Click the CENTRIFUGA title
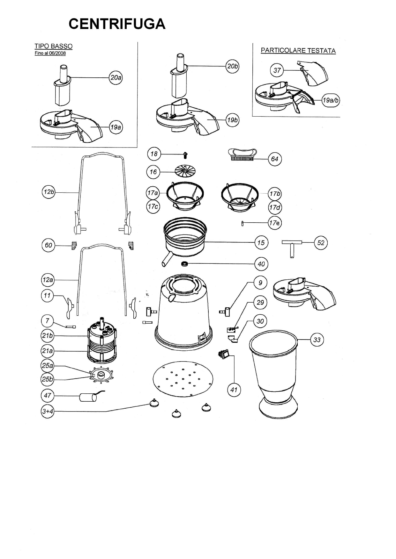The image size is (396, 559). (x=117, y=24)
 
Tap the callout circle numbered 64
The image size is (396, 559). (x=275, y=159)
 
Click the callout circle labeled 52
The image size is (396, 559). (x=321, y=243)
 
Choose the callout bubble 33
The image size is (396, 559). (x=317, y=340)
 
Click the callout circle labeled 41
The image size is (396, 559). (x=234, y=390)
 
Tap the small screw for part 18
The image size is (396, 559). (x=185, y=155)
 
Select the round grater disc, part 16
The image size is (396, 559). (x=185, y=170)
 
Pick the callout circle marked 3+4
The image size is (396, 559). (x=48, y=411)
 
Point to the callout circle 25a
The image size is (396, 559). (x=48, y=365)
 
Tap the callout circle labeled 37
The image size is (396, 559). (x=277, y=70)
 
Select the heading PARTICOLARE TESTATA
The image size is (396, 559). (x=298, y=50)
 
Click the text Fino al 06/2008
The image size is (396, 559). (x=50, y=53)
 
